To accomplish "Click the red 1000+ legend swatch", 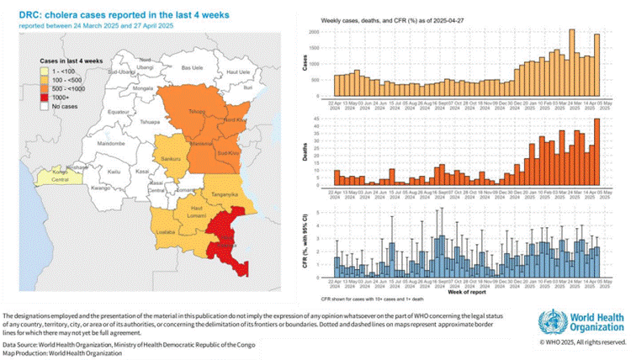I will pos(46,98).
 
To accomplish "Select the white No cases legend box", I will pos(46,107).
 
